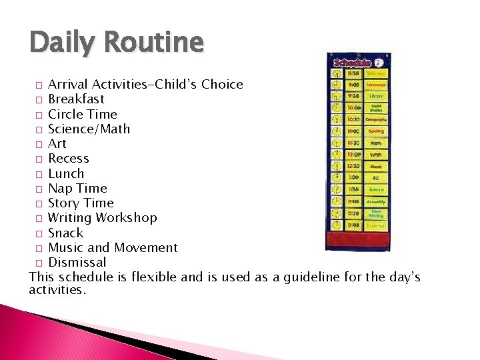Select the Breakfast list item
click(x=76, y=99)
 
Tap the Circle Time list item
click(x=82, y=114)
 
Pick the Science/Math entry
click(x=89, y=129)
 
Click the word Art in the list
click(x=57, y=143)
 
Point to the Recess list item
click(x=69, y=159)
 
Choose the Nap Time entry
click(x=77, y=188)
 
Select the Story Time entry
click(x=81, y=203)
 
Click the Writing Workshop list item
click(x=103, y=218)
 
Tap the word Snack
click(x=66, y=233)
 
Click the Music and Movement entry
click(x=113, y=247)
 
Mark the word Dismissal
click(x=77, y=262)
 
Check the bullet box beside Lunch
click(x=40, y=174)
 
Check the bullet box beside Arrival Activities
click(x=40, y=85)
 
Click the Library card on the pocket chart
click(x=376, y=96)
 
